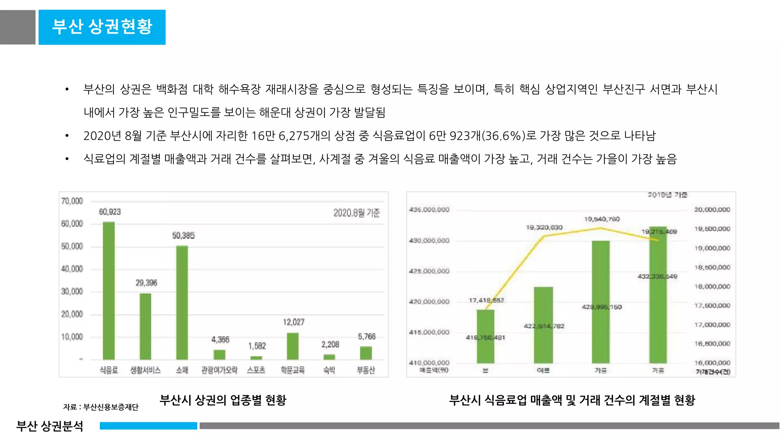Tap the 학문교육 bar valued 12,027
coord(292,346)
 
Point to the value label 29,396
coord(146,283)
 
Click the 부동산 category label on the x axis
coord(366,370)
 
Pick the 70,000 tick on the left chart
coord(72,201)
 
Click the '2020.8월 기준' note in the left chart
coord(356,213)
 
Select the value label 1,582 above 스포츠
coord(257,346)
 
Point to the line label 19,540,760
coord(602,219)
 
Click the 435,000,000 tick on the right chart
coord(429,210)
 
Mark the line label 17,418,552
coord(486,300)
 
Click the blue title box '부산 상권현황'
coord(102,27)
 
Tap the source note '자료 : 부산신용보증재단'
coord(101,407)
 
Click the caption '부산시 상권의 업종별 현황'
coord(223,400)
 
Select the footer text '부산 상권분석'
coord(50,426)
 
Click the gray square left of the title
coord(18,27)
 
